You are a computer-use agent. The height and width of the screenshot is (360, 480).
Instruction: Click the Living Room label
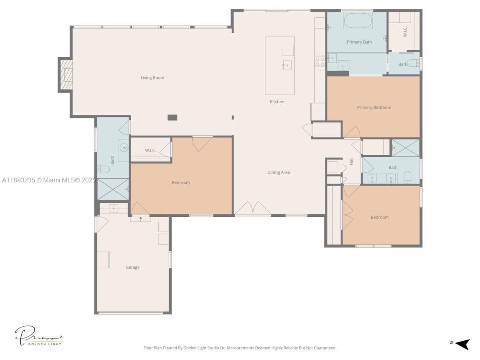[152, 78]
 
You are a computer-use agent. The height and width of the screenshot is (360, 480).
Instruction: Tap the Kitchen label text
[277, 102]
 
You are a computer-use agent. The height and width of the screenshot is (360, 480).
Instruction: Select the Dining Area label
[278, 172]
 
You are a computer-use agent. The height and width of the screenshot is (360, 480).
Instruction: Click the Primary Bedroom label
[374, 107]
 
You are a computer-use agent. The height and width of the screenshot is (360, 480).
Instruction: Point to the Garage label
[132, 267]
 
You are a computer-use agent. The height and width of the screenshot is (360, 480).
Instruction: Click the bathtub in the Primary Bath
[358, 21]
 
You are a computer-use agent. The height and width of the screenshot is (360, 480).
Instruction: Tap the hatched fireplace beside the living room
[66, 75]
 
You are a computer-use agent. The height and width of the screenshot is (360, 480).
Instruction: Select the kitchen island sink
[287, 65]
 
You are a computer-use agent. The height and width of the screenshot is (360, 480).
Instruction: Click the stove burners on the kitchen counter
[320, 62]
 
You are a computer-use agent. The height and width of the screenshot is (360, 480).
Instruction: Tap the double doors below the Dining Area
[252, 208]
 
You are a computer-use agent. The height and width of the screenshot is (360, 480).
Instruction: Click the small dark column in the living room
[172, 117]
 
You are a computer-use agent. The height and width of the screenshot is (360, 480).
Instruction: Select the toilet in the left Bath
[104, 170]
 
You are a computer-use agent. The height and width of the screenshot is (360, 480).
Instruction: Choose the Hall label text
[351, 161]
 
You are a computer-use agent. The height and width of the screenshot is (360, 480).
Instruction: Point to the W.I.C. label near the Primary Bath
[405, 32]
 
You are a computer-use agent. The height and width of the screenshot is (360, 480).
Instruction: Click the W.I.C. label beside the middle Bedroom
[150, 150]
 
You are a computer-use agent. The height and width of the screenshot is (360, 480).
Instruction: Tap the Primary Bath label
[359, 42]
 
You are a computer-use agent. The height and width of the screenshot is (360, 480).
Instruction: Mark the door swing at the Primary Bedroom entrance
[352, 132]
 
